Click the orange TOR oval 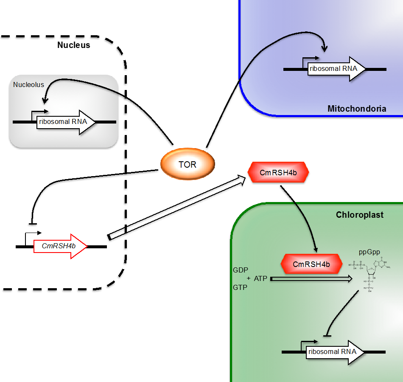tap(188, 164)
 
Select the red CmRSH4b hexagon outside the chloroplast tap(278, 172)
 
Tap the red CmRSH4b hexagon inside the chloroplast tap(311, 264)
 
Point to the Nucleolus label tap(28, 84)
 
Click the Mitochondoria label tap(357, 109)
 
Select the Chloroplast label tap(359, 215)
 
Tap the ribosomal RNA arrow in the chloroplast tap(333, 352)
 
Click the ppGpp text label tap(369, 252)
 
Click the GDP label tap(240, 270)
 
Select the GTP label tap(240, 287)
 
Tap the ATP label tap(260, 279)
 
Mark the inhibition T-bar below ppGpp tap(327, 336)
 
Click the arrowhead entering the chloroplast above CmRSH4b tap(315, 249)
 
